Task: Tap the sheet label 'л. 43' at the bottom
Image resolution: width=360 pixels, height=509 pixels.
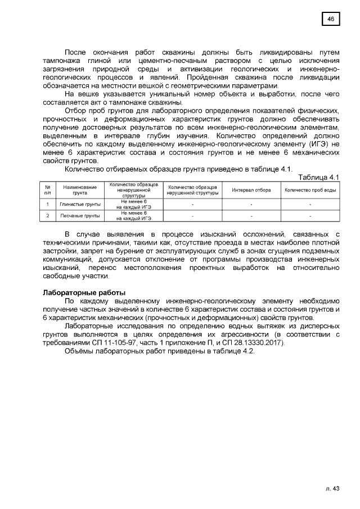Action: click(x=333, y=488)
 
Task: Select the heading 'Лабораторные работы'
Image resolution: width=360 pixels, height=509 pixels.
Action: click(x=84, y=292)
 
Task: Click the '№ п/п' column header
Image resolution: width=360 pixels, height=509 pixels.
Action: click(x=48, y=190)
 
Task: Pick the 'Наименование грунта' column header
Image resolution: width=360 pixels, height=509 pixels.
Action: click(x=80, y=190)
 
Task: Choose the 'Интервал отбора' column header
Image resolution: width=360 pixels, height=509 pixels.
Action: click(x=251, y=190)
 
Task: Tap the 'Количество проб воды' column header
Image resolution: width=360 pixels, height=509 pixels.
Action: click(x=310, y=190)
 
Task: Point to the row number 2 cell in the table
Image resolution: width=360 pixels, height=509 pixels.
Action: click(x=48, y=215)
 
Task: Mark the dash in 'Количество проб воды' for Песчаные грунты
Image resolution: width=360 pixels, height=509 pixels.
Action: click(x=310, y=215)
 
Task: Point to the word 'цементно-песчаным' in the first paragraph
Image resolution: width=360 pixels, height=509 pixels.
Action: click(x=175, y=60)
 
